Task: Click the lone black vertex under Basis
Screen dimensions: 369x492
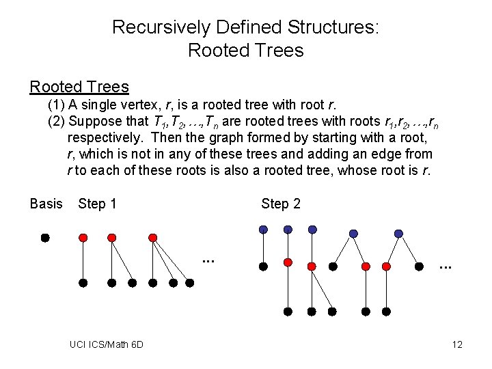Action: tap(44, 238)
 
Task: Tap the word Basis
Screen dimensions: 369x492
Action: tap(46, 204)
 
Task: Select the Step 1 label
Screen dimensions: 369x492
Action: tap(97, 204)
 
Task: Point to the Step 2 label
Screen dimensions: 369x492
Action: tap(280, 204)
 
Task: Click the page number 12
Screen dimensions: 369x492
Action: tap(457, 344)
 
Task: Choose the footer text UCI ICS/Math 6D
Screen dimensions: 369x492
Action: tap(107, 344)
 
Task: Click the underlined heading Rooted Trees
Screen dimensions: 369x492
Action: tap(79, 87)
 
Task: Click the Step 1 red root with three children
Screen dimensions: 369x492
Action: tap(153, 238)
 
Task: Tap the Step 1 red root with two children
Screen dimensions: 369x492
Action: tap(111, 238)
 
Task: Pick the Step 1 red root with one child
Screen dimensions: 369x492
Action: tap(83, 238)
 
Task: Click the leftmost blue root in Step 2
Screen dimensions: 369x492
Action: tap(264, 229)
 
